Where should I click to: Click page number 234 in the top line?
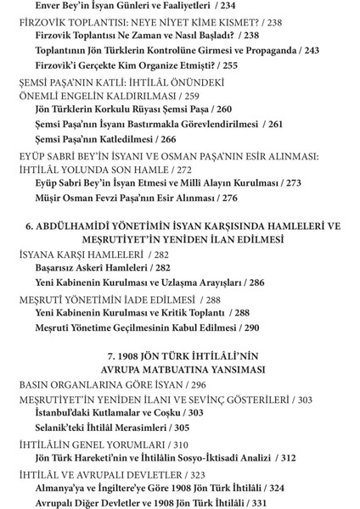pyautogui.click(x=228, y=5)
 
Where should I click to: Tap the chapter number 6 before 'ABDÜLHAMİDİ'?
pyautogui.click(x=29, y=227)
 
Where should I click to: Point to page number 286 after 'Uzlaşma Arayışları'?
pyautogui.click(x=255, y=282)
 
